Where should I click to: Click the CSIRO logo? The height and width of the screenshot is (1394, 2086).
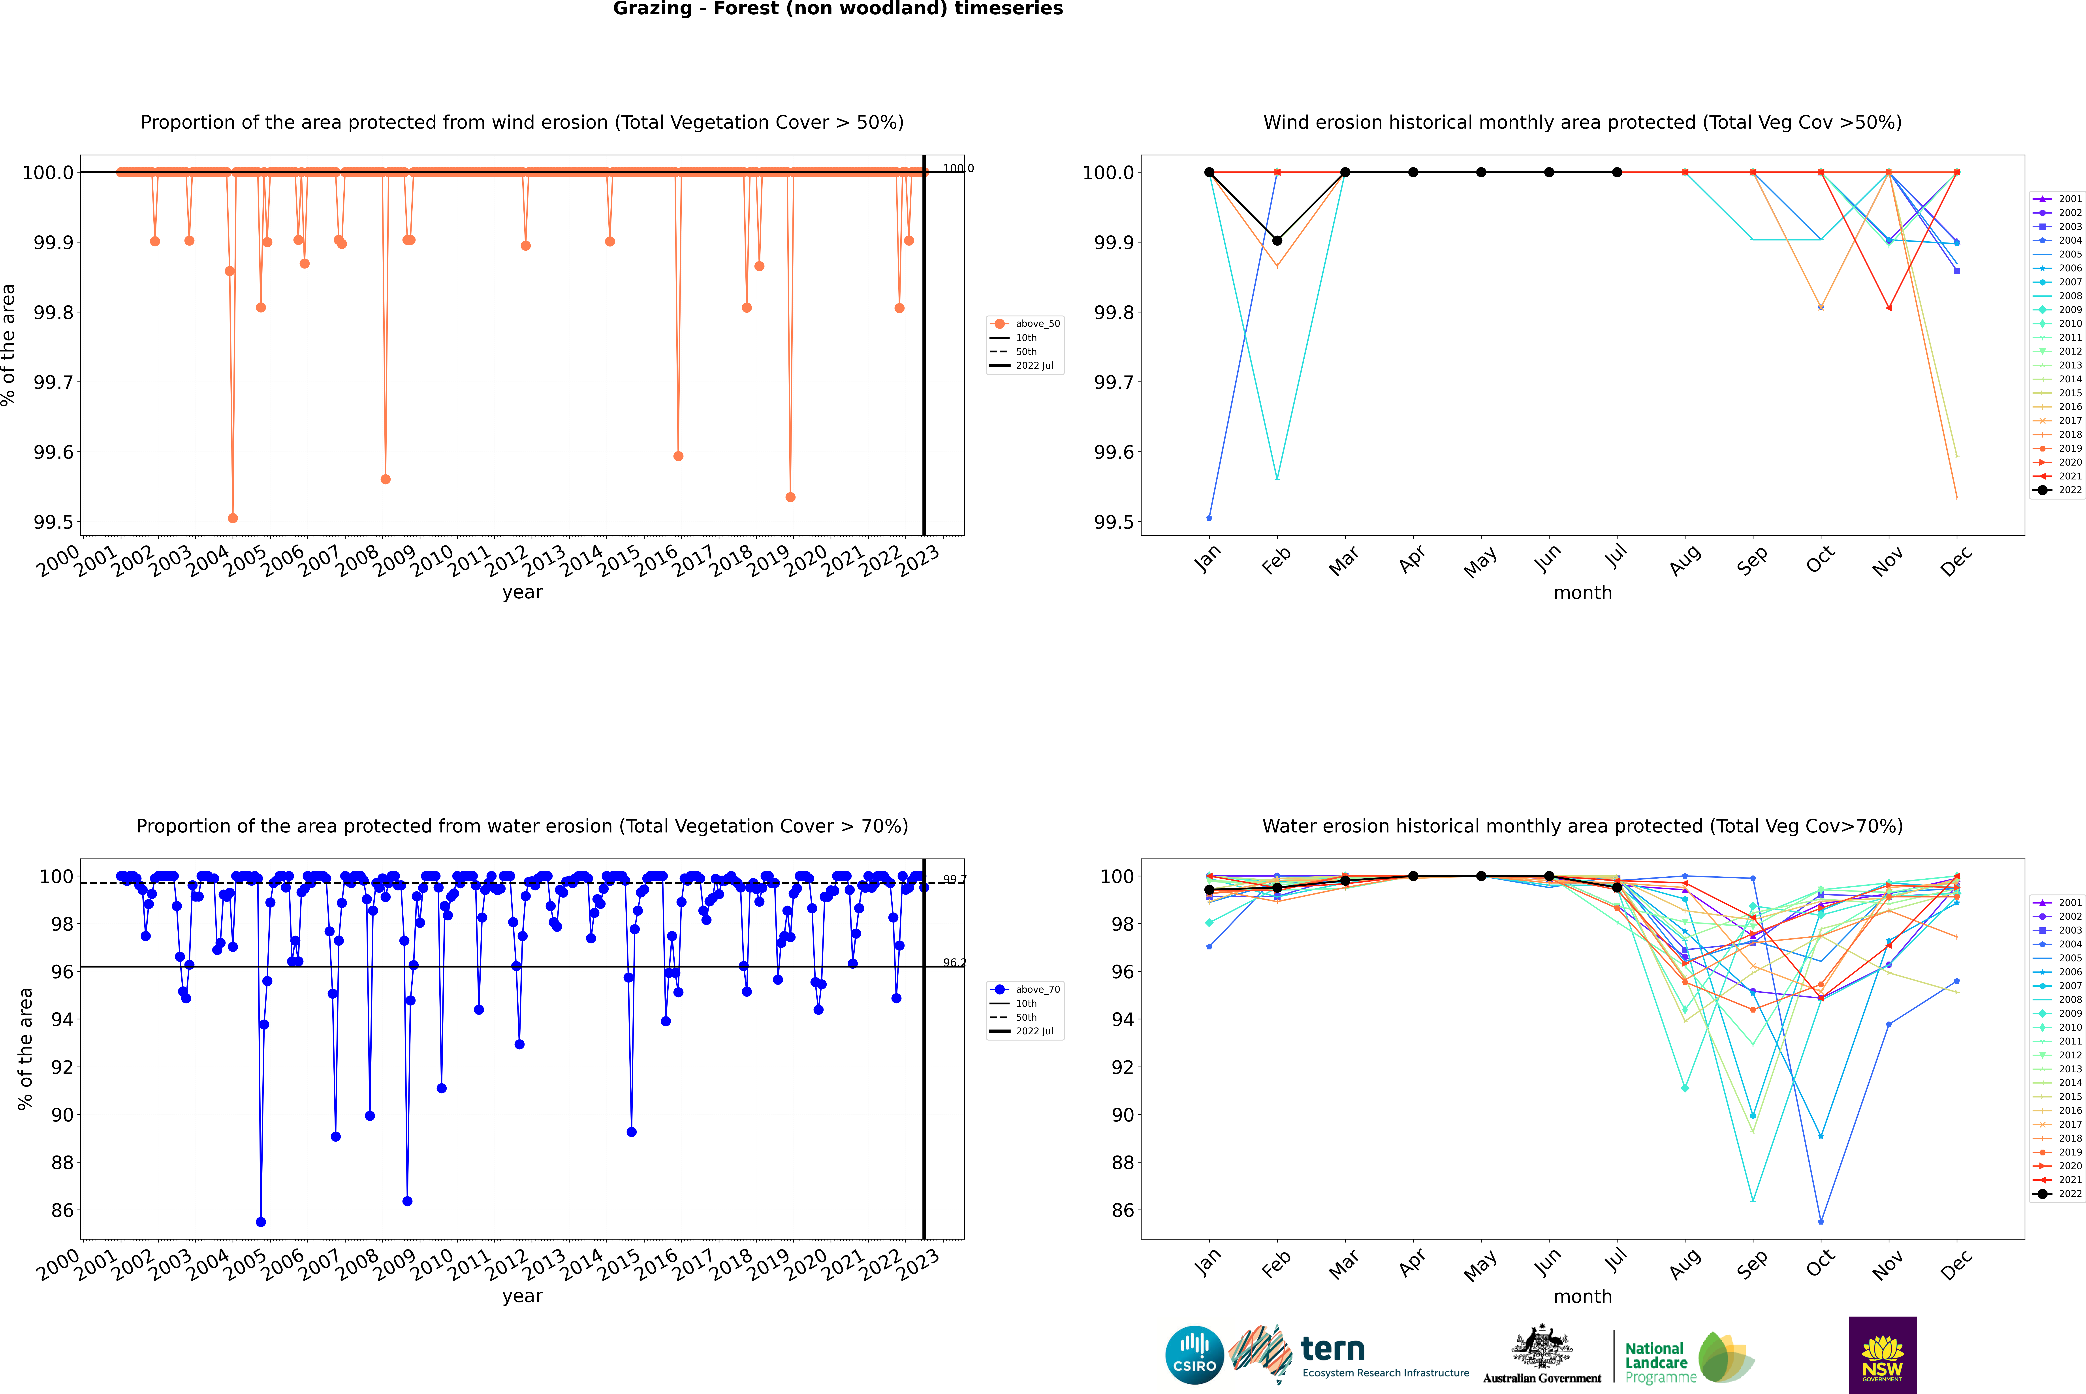[x=1194, y=1355]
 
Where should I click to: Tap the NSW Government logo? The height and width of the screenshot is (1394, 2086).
[x=1882, y=1355]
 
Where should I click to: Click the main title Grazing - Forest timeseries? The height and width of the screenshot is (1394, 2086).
[x=838, y=9]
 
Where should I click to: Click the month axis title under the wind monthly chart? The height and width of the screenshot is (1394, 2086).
[x=1582, y=593]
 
